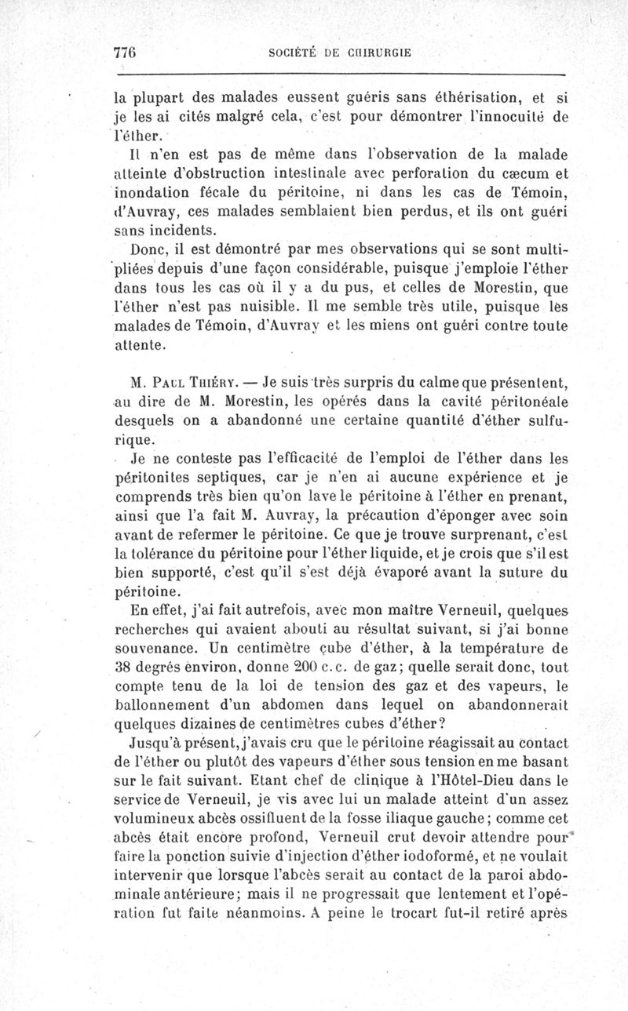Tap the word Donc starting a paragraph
pos(148,249)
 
